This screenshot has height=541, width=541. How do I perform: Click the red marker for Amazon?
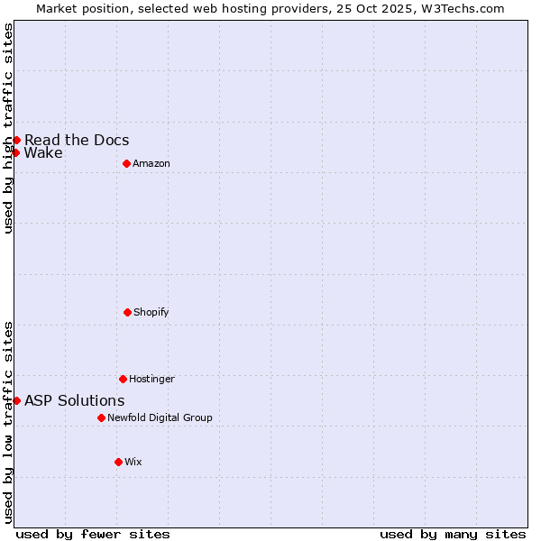pyautogui.click(x=126, y=163)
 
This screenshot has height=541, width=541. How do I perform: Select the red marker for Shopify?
pyautogui.click(x=127, y=312)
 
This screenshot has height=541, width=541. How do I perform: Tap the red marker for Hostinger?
pyautogui.click(x=123, y=379)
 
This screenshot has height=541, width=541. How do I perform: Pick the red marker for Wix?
pyautogui.click(x=118, y=462)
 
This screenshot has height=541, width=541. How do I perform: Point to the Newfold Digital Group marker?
pyautogui.click(x=101, y=417)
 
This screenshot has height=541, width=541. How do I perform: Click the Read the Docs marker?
pyautogui.click(x=16, y=140)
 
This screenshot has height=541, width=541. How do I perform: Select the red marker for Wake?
pyautogui.click(x=15, y=152)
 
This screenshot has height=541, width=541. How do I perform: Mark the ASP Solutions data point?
pyautogui.click(x=16, y=400)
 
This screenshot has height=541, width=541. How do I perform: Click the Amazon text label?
pyautogui.click(x=151, y=163)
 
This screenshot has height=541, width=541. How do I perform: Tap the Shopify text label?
pyautogui.click(x=151, y=312)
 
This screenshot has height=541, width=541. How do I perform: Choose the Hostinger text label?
pyautogui.click(x=151, y=379)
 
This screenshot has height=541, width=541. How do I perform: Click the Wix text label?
pyautogui.click(x=133, y=462)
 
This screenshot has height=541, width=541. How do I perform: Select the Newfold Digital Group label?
pyautogui.click(x=160, y=417)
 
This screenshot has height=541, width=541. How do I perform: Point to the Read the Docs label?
pyautogui.click(x=77, y=140)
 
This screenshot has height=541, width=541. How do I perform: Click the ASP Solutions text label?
pyautogui.click(x=75, y=400)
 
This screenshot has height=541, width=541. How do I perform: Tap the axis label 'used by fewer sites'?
pyautogui.click(x=93, y=534)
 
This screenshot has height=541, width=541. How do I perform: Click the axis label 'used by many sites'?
pyautogui.click(x=453, y=534)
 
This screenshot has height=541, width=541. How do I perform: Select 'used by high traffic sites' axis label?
pyautogui.click(x=8, y=128)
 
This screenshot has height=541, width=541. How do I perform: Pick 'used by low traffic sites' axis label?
pyautogui.click(x=8, y=422)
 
